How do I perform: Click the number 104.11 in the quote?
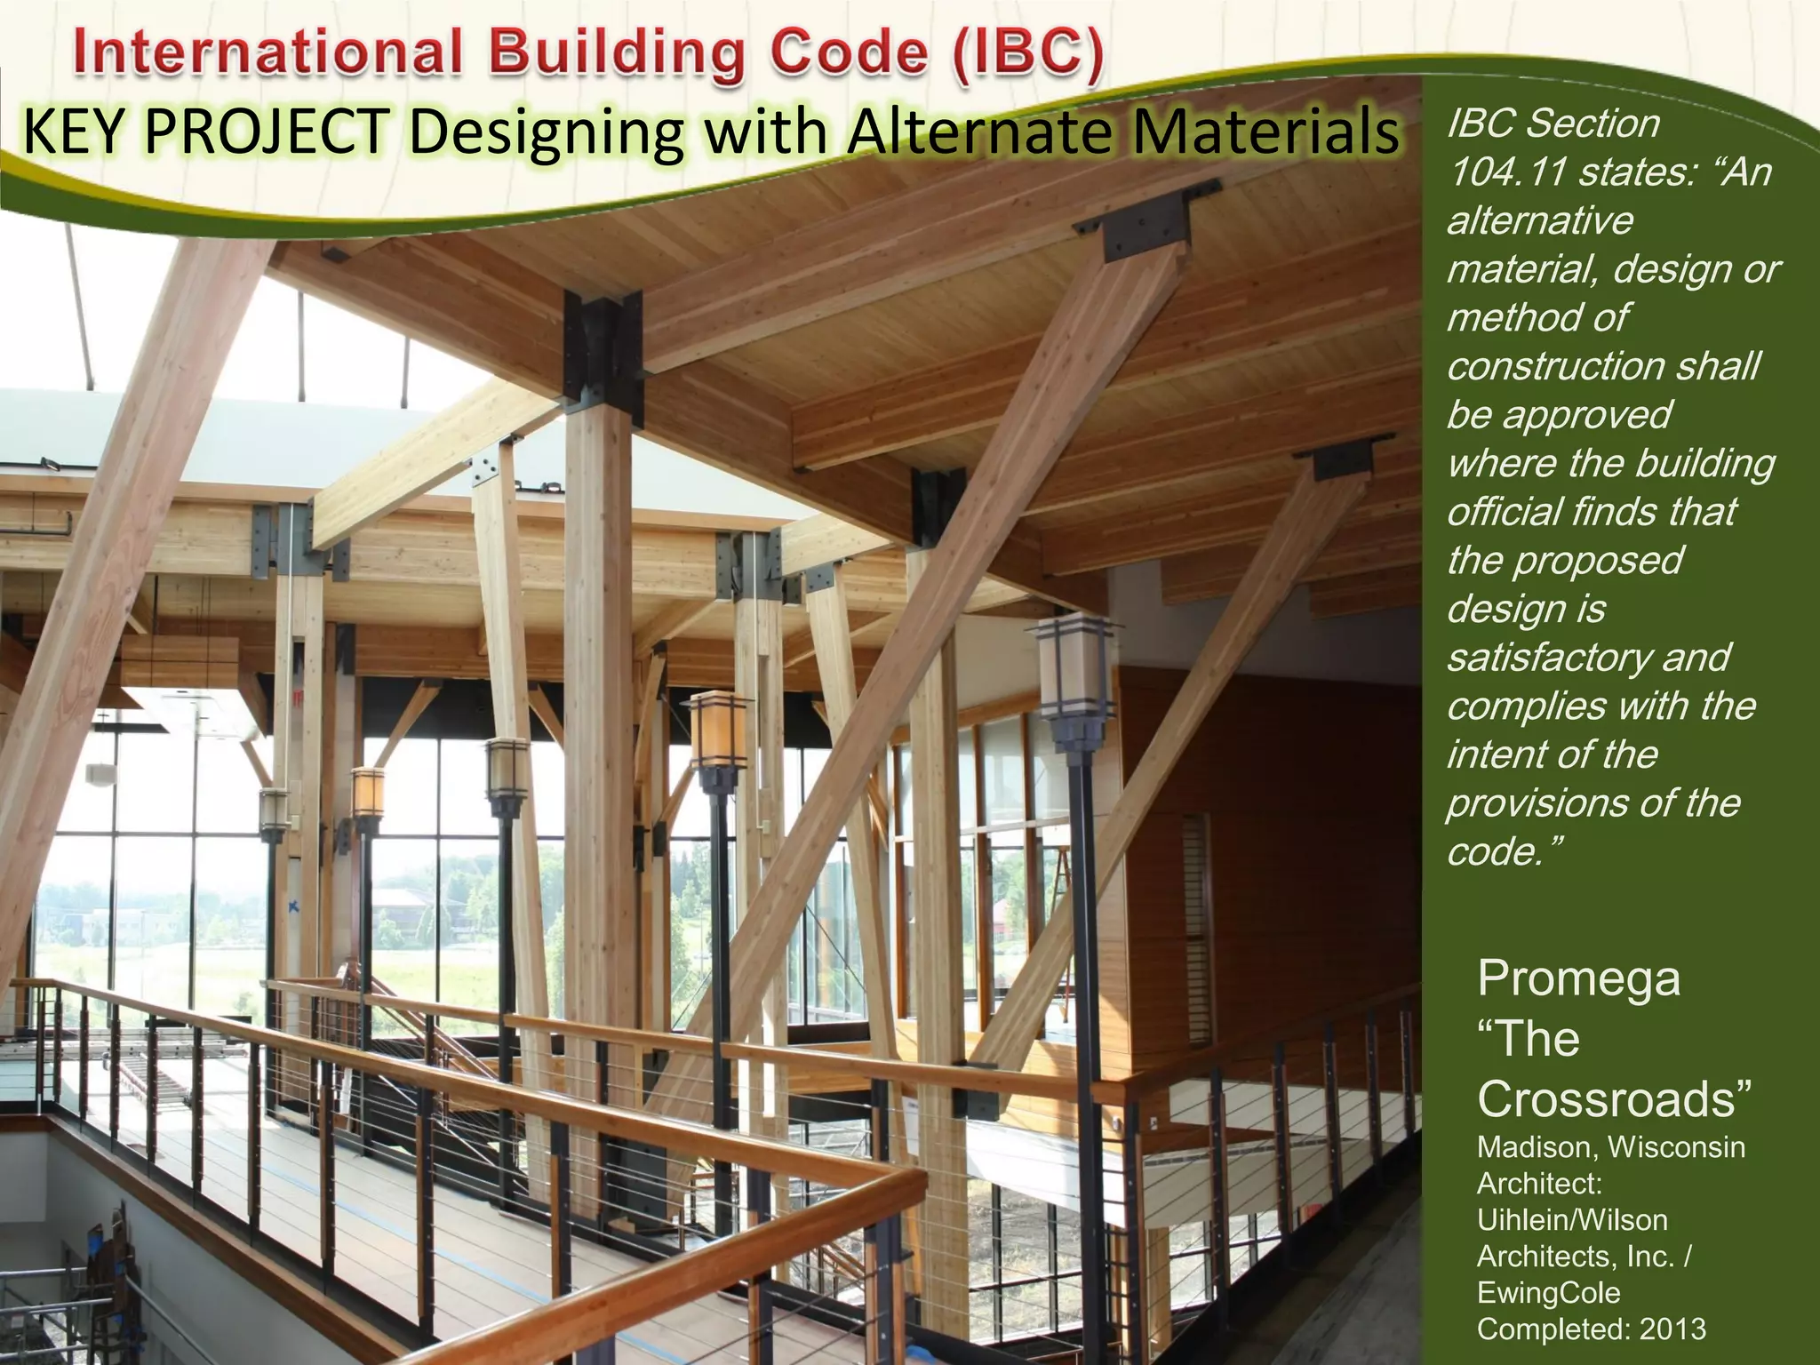click(1505, 172)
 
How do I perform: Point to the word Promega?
click(1578, 978)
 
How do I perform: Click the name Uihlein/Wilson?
click(1571, 1220)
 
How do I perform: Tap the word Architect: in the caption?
click(1539, 1184)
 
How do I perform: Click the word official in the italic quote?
click(1502, 512)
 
